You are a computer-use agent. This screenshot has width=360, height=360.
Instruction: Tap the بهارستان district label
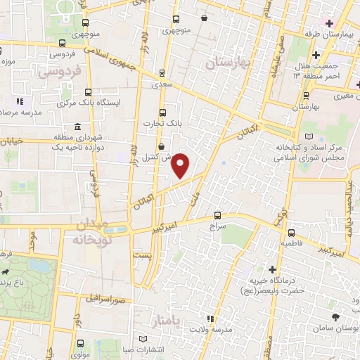coord(228,64)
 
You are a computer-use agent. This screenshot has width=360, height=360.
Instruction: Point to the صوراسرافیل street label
coord(107,297)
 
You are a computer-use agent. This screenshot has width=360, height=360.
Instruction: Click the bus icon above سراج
coord(217,216)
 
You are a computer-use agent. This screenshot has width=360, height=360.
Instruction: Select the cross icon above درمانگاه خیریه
coord(272,269)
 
